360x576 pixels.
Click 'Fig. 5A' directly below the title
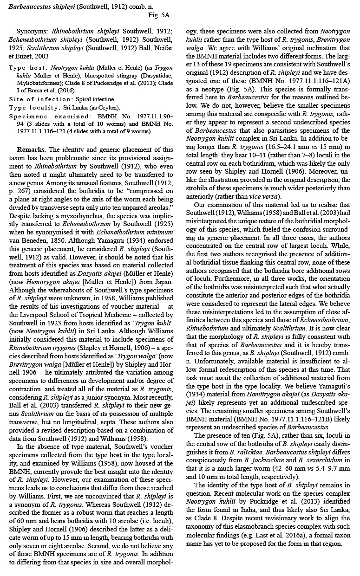[x=158, y=15]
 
